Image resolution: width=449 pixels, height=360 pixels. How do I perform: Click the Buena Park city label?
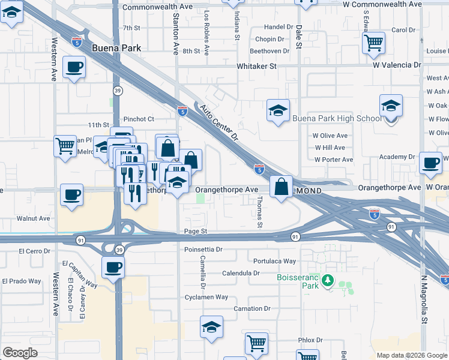click(x=116, y=47)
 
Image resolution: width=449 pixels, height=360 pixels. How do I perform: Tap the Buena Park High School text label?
click(x=337, y=118)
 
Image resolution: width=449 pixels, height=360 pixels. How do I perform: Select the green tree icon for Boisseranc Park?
click(x=328, y=280)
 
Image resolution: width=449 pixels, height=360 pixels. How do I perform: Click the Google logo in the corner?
click(x=20, y=353)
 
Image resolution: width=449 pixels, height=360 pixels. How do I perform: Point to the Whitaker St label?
click(x=256, y=66)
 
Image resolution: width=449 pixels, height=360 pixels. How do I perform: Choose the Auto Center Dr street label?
click(x=220, y=123)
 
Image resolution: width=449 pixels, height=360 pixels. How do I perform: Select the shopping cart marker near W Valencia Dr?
click(x=373, y=43)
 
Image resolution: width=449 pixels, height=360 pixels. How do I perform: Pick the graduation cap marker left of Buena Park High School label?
click(x=278, y=110)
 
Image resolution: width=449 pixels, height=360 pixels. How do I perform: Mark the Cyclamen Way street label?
click(x=206, y=297)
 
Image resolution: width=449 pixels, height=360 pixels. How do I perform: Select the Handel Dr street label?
click(x=278, y=28)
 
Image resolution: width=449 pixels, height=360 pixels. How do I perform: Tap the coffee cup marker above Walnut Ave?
click(x=71, y=194)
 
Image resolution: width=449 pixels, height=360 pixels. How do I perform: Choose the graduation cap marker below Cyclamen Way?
click(x=211, y=327)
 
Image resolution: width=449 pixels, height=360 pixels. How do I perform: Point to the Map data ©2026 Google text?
click(x=412, y=355)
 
